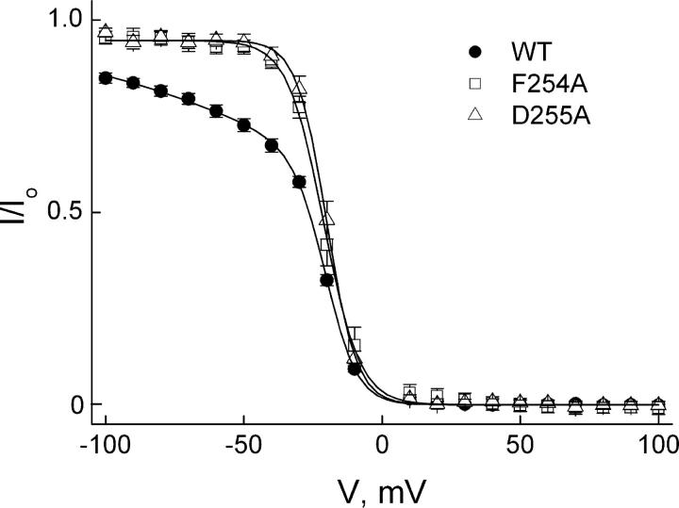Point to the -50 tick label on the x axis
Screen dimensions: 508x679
243,442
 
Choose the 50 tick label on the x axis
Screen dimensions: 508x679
520,442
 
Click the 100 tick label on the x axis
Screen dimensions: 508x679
658,442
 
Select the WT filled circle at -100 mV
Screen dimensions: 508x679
106,78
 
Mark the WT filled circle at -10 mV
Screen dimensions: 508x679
355,369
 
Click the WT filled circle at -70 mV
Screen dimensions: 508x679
189,99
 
